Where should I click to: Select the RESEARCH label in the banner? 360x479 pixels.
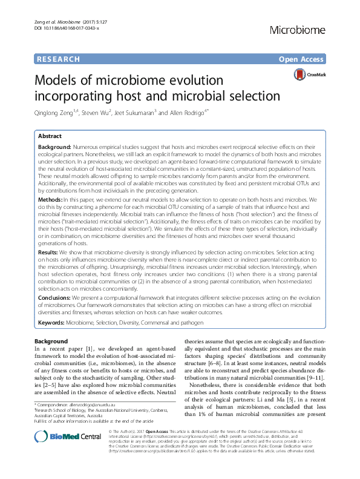click(x=58, y=59)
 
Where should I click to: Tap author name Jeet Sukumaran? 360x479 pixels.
click(x=148, y=112)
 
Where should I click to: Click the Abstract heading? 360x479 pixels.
click(x=51, y=137)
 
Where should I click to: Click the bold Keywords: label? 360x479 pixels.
click(x=51, y=323)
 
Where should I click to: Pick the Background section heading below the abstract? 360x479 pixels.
click(x=51, y=342)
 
